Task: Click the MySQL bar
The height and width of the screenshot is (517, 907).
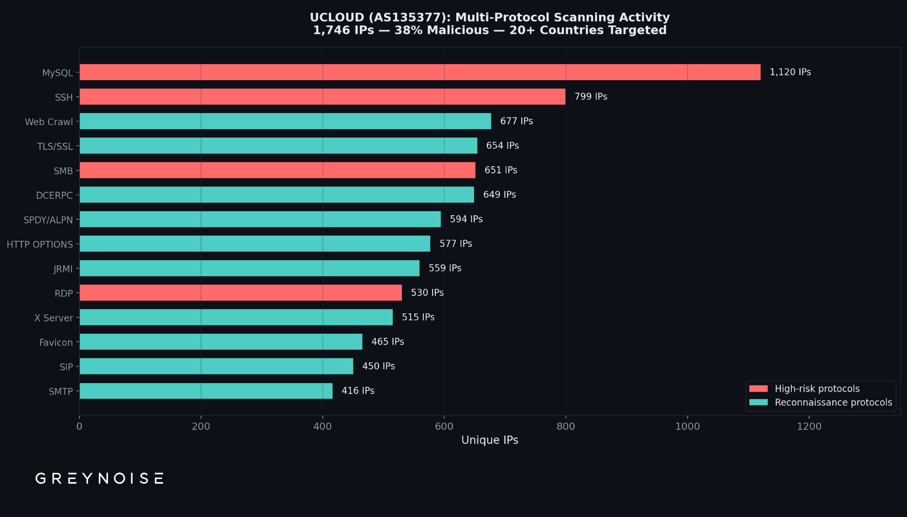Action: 420,72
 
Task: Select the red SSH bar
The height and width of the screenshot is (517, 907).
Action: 322,97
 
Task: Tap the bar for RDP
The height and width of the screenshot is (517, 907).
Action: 240,293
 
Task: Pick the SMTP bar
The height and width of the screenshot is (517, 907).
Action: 206,390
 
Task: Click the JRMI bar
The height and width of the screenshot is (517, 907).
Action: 249,268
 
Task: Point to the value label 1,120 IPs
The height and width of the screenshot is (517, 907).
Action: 790,72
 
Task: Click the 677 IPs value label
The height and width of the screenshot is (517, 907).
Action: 516,121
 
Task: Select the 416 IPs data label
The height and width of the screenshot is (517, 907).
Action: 358,390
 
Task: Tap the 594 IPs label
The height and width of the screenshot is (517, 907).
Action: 466,219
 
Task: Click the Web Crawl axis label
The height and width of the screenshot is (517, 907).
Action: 49,122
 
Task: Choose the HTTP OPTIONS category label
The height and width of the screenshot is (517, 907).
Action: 39,244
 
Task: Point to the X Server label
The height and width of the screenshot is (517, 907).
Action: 54,318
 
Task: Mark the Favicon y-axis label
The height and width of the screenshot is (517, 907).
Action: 56,342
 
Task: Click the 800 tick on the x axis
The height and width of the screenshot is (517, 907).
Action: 565,426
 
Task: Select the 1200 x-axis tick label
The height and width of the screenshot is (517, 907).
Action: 809,426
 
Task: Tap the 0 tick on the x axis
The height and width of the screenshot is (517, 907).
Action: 79,426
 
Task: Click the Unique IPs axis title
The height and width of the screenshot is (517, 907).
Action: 490,440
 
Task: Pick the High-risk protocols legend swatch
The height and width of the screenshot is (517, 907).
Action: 758,389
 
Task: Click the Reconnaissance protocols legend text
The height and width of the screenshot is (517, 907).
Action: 833,402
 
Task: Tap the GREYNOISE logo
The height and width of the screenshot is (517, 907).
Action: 99,478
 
